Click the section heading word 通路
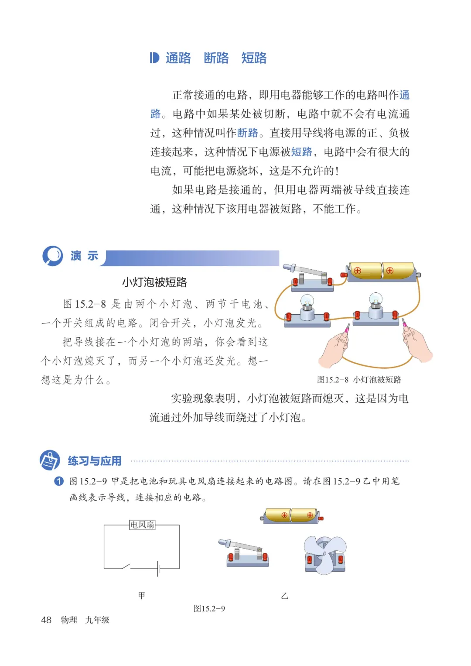(178, 58)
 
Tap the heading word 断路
(216, 58)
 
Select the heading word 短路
(254, 58)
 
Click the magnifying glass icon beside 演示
(53, 256)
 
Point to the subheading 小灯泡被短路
(154, 282)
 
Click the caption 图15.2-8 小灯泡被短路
(359, 380)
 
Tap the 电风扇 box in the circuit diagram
(142, 525)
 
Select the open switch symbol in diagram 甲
(126, 567)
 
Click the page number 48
(46, 620)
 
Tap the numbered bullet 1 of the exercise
(59, 481)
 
